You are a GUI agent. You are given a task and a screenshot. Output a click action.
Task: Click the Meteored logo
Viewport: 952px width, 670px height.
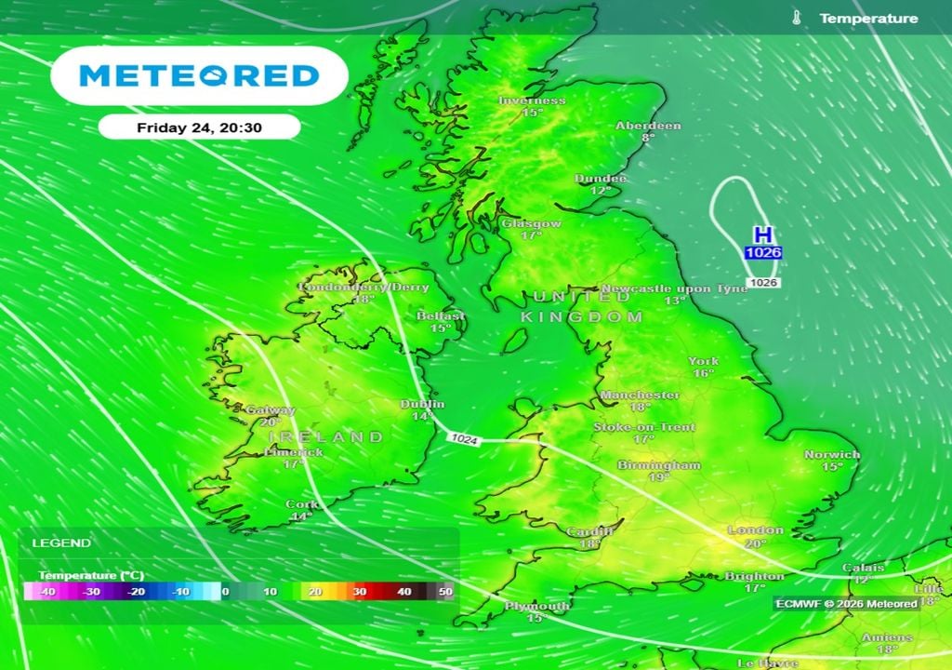click(x=199, y=75)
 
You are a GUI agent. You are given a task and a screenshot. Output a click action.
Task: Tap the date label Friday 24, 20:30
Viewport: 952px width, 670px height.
click(x=199, y=127)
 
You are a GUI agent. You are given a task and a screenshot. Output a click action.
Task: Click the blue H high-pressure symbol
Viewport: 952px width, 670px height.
click(x=762, y=234)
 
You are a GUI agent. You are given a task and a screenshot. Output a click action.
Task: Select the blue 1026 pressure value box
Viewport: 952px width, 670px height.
click(x=762, y=252)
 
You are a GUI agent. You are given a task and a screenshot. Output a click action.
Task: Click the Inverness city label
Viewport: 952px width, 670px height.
click(x=532, y=100)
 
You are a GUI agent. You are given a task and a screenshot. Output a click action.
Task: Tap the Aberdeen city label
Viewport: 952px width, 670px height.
click(x=648, y=126)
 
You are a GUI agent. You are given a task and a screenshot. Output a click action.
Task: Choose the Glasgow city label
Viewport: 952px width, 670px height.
click(x=531, y=224)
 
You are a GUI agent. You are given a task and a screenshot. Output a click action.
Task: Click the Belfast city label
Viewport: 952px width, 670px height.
click(x=441, y=316)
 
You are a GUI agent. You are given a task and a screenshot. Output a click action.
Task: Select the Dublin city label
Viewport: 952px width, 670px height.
click(x=422, y=405)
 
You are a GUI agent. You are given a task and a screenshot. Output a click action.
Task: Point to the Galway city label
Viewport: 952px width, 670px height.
click(x=271, y=410)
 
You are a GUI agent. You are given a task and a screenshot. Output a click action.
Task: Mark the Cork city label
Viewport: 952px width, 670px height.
click(x=301, y=505)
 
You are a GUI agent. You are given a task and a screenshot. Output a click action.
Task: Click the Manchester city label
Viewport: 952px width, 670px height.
click(x=640, y=395)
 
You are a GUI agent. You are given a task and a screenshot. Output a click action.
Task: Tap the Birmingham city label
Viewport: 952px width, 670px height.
click(x=659, y=465)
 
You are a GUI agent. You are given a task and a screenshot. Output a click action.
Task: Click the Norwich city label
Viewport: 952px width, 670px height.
click(x=832, y=455)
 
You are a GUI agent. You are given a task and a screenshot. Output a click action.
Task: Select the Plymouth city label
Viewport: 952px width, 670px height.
click(x=537, y=607)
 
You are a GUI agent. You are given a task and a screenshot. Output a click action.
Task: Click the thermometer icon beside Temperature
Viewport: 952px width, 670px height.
click(x=797, y=18)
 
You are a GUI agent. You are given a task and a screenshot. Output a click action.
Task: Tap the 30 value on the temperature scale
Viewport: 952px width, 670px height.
click(x=360, y=592)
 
